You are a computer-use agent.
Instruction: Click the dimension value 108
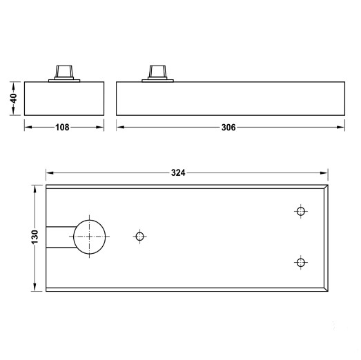[x=64, y=128]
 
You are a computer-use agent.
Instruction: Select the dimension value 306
[x=229, y=128]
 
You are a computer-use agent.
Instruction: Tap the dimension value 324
[x=178, y=174]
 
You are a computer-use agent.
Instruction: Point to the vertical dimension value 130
[x=35, y=237]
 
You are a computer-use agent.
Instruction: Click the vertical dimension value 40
[x=13, y=99]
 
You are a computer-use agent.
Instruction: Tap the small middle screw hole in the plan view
[x=140, y=237]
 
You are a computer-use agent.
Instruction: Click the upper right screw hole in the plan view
[x=300, y=212]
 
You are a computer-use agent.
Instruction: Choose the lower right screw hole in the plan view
[x=300, y=262]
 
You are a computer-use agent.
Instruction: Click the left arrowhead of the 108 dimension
[x=27, y=127]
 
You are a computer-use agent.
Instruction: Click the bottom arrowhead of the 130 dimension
[x=35, y=287]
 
